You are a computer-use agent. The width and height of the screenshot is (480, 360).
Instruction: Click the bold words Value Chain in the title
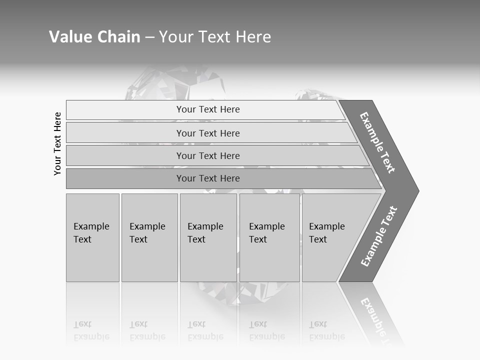coord(94,37)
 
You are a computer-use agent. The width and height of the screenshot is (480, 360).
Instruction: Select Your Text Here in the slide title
coord(215,37)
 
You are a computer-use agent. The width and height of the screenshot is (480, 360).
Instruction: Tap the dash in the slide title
coord(149,37)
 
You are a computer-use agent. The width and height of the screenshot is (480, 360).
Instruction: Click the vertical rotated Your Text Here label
coord(57,143)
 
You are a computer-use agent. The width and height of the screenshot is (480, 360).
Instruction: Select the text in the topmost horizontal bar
coord(208,109)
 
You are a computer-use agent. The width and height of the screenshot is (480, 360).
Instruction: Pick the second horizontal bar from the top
coord(208,133)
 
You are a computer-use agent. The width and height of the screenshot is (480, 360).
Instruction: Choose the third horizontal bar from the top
coord(208,155)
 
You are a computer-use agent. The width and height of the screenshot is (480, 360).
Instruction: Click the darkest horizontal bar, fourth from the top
coord(208,178)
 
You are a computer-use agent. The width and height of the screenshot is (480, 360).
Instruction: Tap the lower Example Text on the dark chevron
coord(379,236)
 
